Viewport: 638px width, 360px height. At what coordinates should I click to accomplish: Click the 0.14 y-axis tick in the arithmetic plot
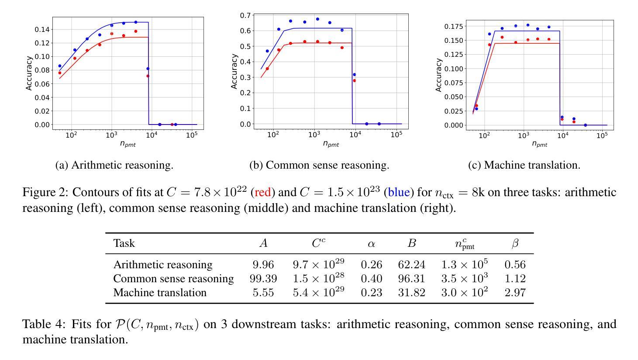coord(42,30)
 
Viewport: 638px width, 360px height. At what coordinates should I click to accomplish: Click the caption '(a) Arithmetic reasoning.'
coord(114,165)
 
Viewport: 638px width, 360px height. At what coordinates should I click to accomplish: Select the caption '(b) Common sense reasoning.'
coord(319,165)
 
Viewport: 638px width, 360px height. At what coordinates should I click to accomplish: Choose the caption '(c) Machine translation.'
coord(524,165)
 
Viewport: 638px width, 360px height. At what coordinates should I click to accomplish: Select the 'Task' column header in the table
coord(124,243)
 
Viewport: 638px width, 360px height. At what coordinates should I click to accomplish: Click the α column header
coord(371,244)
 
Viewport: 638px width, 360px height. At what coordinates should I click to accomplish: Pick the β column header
coord(515,244)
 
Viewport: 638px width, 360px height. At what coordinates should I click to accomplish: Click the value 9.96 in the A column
coord(263,265)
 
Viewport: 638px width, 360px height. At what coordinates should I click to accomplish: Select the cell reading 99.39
coord(263,279)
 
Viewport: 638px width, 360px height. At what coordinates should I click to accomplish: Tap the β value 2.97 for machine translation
coord(515,293)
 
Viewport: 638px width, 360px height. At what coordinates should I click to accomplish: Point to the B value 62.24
coord(411,265)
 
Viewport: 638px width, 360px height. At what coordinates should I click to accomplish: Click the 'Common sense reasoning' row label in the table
coord(173,279)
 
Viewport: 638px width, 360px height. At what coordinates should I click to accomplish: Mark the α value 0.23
coord(371,293)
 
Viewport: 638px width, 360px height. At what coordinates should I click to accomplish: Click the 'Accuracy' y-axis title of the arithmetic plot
coord(29,73)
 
